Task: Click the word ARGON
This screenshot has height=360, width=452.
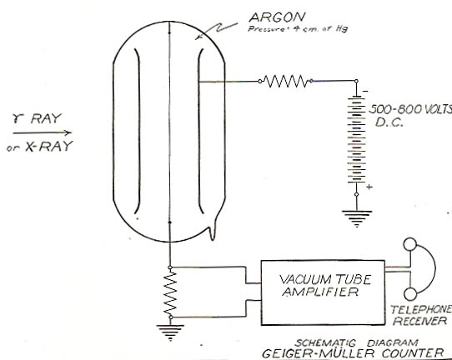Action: pos(277,17)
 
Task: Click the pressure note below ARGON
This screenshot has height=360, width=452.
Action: pos(298,29)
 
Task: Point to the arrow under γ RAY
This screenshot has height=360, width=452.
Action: pos(43,132)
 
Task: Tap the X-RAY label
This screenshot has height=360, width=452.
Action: pos(49,147)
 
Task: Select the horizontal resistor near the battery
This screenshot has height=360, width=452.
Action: pos(286,81)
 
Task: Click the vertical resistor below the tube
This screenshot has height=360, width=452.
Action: pos(170,292)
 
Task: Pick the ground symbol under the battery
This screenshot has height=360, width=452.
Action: pos(357,218)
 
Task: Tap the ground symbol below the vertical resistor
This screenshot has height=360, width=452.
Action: pos(170,332)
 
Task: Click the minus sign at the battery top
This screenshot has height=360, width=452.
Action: pos(365,92)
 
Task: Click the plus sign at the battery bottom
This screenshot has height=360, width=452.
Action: pos(369,187)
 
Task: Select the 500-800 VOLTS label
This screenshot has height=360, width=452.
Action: pos(410,109)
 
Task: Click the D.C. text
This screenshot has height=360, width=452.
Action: pos(389,122)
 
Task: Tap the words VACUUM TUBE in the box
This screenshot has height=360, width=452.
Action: pos(324,279)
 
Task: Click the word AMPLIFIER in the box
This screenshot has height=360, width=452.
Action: pos(320,292)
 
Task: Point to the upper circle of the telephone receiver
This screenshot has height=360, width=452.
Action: pos(410,244)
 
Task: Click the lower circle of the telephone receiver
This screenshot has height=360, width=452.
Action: pos(410,294)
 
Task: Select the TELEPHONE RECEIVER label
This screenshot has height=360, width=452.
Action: pos(421,315)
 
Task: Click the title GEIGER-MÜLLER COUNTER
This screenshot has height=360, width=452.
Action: pos(353,353)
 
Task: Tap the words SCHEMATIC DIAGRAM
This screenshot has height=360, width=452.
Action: pos(356,343)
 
